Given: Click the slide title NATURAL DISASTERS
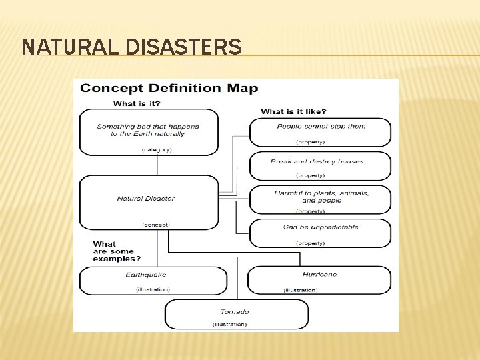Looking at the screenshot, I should (131, 47).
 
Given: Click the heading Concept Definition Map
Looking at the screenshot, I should (169, 89).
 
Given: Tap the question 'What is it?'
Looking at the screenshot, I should (137, 103).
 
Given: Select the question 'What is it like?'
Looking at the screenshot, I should (293, 111).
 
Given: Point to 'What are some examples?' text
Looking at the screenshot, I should (117, 251).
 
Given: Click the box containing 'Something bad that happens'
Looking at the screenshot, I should (148, 131).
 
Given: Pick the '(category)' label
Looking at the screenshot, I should (157, 149).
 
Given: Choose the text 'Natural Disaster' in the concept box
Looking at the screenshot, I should (146, 198).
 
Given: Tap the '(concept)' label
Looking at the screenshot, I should (156, 225).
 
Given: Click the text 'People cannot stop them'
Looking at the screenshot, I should (321, 126).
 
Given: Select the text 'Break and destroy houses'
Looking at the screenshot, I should (317, 161).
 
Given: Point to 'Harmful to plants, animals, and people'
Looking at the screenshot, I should (321, 197).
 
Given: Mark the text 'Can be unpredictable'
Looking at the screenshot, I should (321, 227).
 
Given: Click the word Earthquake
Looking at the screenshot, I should (146, 275).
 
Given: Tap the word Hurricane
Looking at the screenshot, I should (319, 274).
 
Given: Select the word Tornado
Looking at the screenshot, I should (235, 311).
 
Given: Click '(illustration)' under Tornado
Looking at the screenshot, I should (229, 324).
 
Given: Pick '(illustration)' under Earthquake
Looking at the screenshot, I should (153, 289).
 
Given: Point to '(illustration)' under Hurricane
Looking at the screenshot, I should (301, 290).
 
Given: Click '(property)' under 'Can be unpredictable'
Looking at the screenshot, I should (311, 243).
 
